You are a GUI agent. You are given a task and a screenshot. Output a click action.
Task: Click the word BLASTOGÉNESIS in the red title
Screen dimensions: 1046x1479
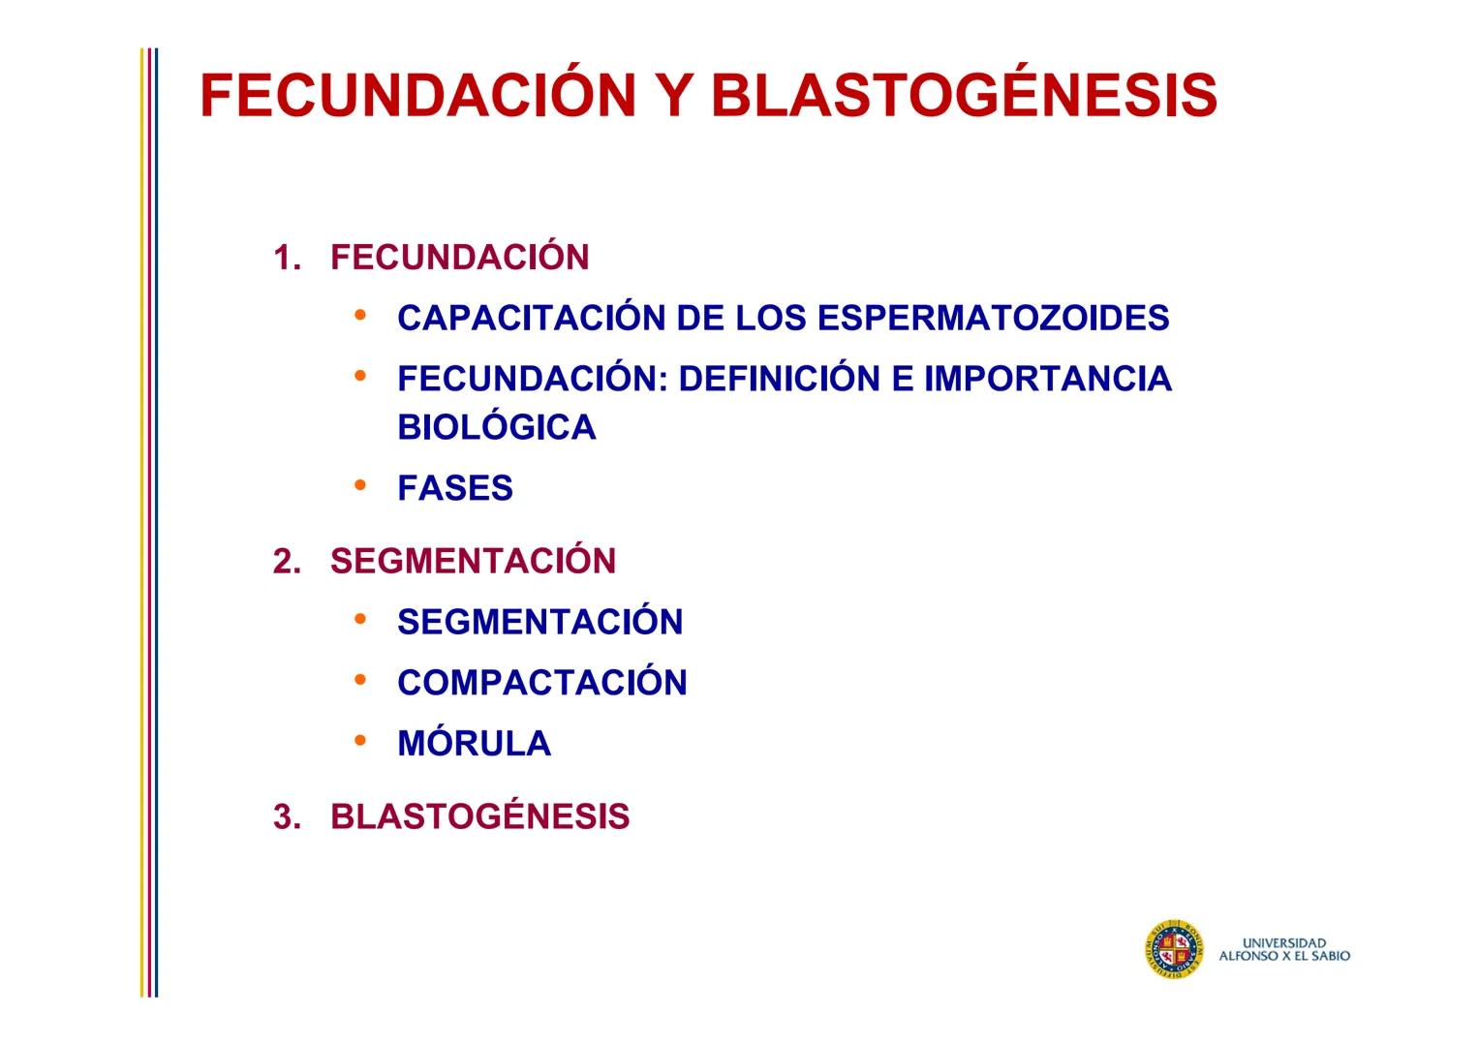[x=964, y=96]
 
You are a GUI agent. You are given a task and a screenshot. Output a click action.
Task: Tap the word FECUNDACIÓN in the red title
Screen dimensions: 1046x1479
[x=418, y=96]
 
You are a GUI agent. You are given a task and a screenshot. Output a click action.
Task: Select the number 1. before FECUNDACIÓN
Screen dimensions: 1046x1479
[x=287, y=259]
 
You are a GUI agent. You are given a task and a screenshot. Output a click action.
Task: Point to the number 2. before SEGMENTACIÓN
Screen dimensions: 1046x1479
[x=287, y=562]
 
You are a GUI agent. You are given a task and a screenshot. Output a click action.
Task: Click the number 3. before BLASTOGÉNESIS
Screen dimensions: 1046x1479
[x=287, y=817]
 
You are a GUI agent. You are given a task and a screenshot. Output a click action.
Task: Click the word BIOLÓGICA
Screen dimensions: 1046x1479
[x=496, y=428]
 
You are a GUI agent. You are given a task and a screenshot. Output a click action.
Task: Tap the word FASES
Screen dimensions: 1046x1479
[x=454, y=488]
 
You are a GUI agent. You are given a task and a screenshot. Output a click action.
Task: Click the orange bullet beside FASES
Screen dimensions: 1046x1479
[x=360, y=483]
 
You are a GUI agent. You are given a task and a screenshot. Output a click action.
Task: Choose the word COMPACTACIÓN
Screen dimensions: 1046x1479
[x=541, y=683]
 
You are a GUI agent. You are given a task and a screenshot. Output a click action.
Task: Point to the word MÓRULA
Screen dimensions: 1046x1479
[x=474, y=744]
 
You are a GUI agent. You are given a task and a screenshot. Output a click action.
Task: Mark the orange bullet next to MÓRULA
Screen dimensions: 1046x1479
[x=360, y=740]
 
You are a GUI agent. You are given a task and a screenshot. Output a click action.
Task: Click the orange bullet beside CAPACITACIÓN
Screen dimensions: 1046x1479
[x=360, y=315]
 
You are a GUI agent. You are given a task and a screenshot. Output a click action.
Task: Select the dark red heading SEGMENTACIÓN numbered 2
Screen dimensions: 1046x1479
[x=473, y=562]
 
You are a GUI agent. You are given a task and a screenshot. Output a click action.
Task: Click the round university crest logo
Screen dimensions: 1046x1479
[x=1174, y=948]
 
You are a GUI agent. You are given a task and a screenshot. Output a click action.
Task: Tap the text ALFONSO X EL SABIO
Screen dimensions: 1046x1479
[x=1283, y=956]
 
